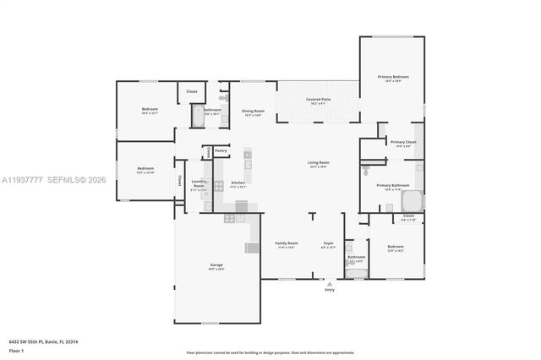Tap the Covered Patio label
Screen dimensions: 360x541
point(318,100)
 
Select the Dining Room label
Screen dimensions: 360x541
point(254,111)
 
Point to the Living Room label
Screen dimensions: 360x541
point(318,162)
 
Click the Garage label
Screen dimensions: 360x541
point(216,265)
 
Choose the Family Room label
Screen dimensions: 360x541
point(286,243)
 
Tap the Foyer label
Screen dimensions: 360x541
point(328,243)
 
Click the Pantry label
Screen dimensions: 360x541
point(221,150)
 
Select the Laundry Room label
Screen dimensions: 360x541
point(199,183)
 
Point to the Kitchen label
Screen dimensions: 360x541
point(238,183)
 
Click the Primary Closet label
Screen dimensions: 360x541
point(402,143)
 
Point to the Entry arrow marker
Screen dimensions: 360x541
point(329,283)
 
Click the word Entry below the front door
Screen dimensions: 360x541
point(329,290)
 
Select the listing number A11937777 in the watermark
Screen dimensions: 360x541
point(21,179)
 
